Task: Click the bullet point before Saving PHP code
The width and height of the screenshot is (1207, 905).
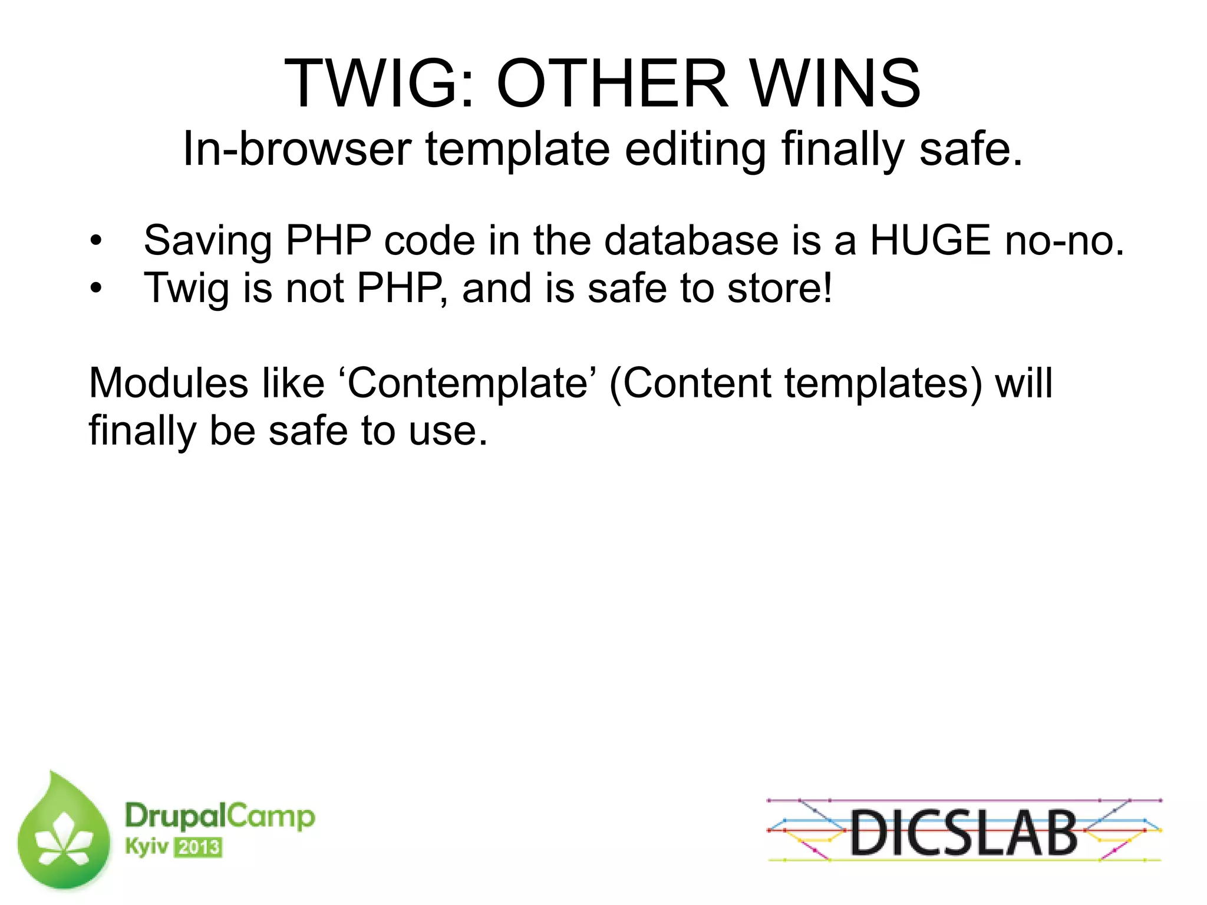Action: coord(96,241)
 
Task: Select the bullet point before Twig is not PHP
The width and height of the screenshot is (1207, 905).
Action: coord(96,289)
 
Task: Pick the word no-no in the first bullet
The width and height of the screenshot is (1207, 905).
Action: coord(1064,241)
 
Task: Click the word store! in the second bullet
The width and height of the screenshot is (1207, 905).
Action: coord(779,289)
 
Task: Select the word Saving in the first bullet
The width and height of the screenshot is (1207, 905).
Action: coord(207,241)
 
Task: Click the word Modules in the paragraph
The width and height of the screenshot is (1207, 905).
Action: coord(168,383)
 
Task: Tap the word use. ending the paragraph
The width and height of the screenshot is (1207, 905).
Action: coord(448,432)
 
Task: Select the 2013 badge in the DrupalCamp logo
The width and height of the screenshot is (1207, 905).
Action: coord(199,847)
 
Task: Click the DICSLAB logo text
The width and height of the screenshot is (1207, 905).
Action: coord(964,832)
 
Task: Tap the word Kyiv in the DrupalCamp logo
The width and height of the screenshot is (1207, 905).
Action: coord(146,847)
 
